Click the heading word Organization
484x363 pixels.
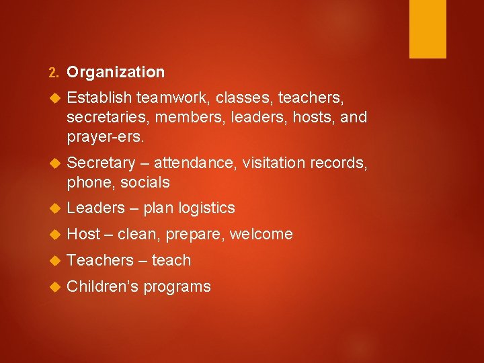116,72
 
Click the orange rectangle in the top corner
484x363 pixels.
428,29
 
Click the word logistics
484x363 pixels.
207,208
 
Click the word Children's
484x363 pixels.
103,286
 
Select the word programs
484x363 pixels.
177,287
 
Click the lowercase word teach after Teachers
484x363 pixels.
171,260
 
